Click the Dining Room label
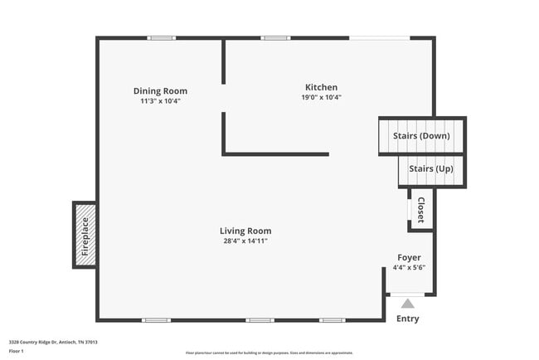(160, 91)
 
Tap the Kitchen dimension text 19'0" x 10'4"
(321, 97)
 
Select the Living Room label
(245, 231)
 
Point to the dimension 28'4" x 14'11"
(245, 241)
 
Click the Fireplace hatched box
(85, 235)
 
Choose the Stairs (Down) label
(423, 135)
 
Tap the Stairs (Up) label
(431, 168)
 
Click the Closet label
(420, 211)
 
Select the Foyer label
(409, 257)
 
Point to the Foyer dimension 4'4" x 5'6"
(409, 267)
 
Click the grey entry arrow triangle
(407, 304)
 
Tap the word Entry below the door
(407, 319)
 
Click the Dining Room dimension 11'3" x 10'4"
(160, 101)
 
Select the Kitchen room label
(321, 87)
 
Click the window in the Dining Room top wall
(162, 38)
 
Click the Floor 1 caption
(17, 351)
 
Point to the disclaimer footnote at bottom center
(269, 353)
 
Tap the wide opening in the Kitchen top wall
(379, 38)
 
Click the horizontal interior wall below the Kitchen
(276, 154)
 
